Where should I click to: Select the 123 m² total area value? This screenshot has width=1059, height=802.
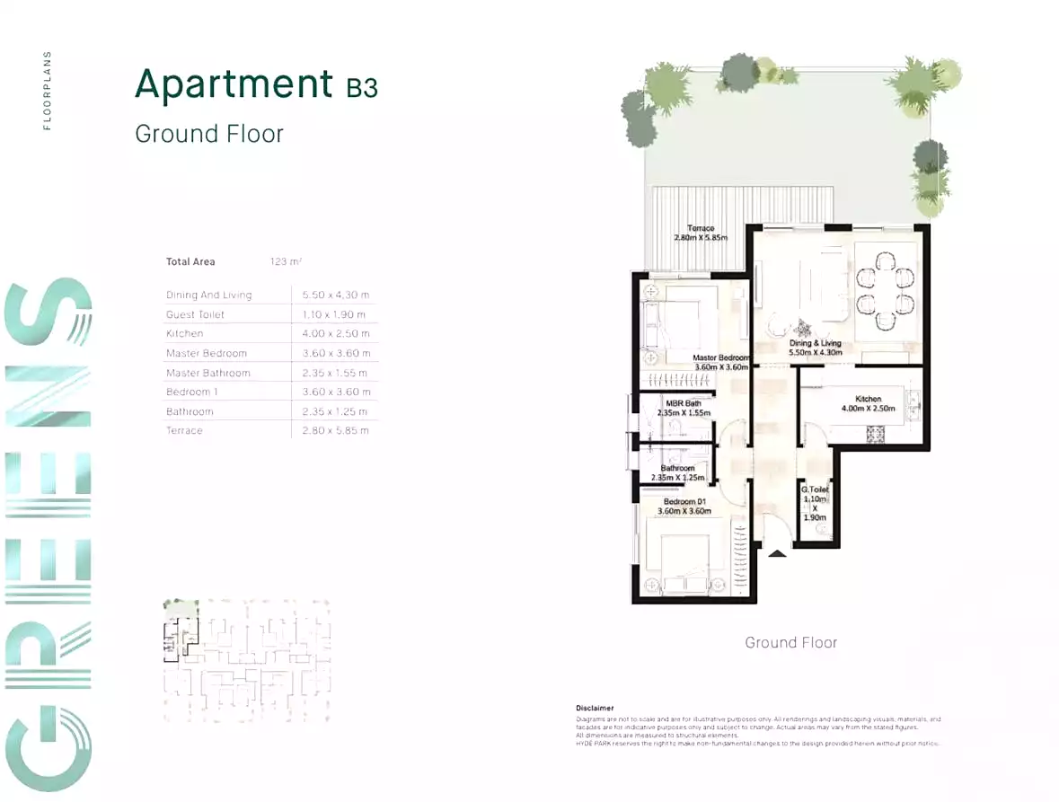click(x=286, y=262)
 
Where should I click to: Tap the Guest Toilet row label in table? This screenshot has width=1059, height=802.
click(x=195, y=314)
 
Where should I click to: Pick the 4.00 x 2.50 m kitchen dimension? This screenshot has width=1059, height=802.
click(x=335, y=333)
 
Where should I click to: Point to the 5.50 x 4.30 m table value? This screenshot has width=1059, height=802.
click(x=335, y=295)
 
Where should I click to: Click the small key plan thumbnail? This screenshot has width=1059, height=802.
click(x=246, y=660)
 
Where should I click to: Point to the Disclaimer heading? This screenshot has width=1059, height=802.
click(x=595, y=708)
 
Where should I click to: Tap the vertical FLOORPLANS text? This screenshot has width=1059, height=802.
click(x=48, y=90)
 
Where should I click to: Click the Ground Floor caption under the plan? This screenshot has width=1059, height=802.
click(x=790, y=642)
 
